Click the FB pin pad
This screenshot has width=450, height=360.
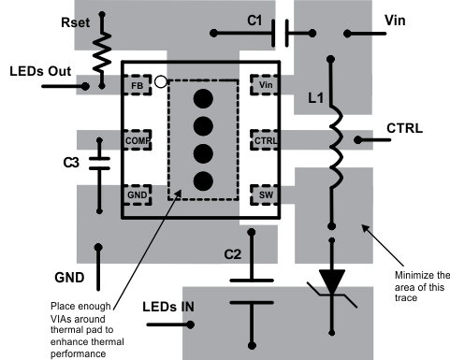point(138,85)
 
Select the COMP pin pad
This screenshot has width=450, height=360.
point(138,140)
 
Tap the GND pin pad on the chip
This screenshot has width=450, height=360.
point(138,194)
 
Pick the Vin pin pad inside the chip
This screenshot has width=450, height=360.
point(265,85)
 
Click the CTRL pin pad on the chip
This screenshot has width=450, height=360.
point(265,140)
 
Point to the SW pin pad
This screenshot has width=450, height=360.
point(265,194)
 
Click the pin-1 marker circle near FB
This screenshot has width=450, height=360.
point(161,82)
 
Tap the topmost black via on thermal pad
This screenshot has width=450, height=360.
point(203,99)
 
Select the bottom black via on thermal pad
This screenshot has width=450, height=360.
point(203,181)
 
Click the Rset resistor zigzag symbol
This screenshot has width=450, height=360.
point(102,53)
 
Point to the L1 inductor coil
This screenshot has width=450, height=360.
point(336,147)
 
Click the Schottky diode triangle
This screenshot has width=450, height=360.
point(332,281)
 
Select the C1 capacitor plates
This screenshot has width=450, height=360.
point(281,33)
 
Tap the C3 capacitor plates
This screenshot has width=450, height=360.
point(99,164)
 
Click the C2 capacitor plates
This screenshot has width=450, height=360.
point(252,292)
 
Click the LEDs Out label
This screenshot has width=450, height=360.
point(40,71)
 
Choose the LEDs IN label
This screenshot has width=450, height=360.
point(168,307)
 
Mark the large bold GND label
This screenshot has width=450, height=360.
point(69,278)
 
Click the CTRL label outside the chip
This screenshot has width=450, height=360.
point(405,128)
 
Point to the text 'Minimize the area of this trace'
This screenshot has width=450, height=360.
point(422,286)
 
